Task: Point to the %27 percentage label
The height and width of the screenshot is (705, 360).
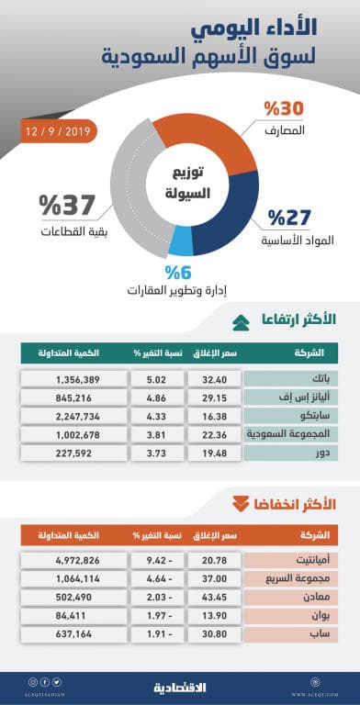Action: (x=287, y=218)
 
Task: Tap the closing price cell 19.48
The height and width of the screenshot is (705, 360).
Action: (x=212, y=453)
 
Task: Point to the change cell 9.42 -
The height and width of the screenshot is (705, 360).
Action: (x=136, y=559)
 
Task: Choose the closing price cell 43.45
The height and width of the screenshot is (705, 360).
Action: (x=212, y=596)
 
